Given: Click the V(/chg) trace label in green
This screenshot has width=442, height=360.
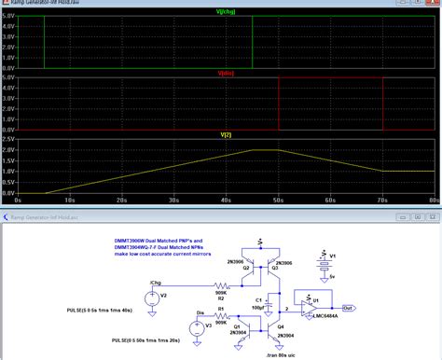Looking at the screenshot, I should tap(225, 11).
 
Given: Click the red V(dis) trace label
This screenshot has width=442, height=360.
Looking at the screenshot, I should tap(225, 72).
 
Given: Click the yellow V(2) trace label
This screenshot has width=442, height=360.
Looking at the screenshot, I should tap(225, 133).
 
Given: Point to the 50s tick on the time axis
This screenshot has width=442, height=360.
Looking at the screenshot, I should tap(277, 200).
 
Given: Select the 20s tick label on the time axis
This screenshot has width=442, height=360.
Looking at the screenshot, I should tap(121, 200).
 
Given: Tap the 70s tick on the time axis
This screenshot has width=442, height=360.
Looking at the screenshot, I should tap(381, 200).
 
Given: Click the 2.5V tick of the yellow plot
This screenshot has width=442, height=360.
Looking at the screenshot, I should tap(7, 139).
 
